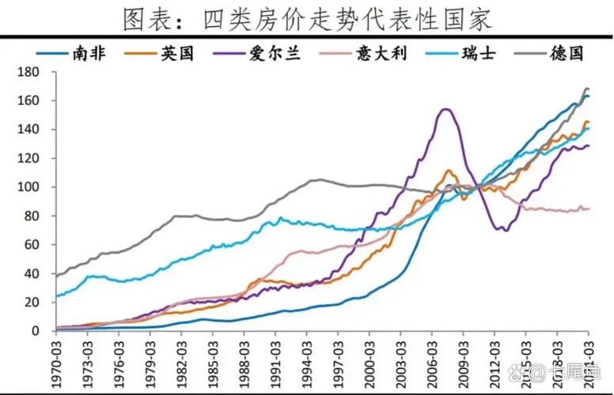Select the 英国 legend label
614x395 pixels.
point(194,54)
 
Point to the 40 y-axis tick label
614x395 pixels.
point(35,273)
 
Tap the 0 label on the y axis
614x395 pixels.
point(39,331)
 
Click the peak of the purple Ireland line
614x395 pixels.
point(445,109)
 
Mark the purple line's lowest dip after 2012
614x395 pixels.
point(501,230)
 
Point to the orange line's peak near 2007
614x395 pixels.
point(449,170)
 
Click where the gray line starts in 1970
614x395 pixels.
point(55,276)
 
